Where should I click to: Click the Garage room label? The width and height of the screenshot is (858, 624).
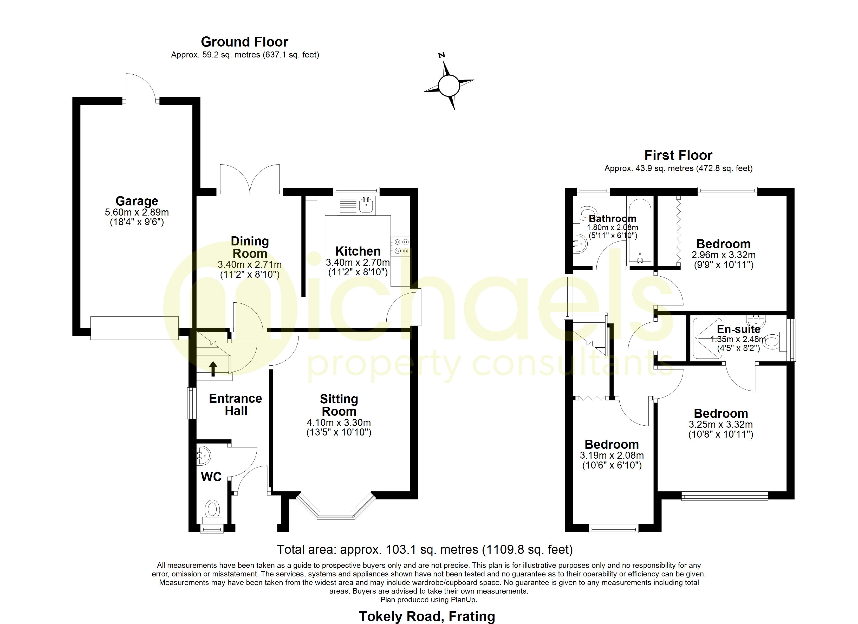tap(136, 201)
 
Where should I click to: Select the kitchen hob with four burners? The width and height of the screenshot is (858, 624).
tap(400, 246)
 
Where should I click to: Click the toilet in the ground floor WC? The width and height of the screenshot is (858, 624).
tap(212, 511)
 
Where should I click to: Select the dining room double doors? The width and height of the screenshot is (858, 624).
tap(250, 180)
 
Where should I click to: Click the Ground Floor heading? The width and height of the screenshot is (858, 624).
tap(244, 42)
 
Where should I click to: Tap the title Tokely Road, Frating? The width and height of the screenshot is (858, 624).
tap(426, 616)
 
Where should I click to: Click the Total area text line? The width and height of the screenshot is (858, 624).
tap(425, 549)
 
